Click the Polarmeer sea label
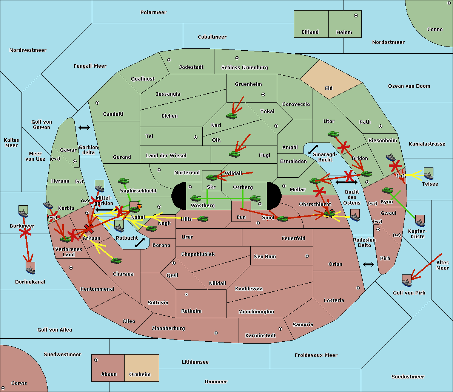click(153, 12)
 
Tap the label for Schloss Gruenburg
click(245, 67)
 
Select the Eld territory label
click(329, 88)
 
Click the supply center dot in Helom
click(356, 15)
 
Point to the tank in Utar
click(333, 134)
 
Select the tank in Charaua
click(116, 260)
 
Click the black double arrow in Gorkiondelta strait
click(84, 127)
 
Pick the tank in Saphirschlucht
click(123, 181)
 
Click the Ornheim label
click(140, 374)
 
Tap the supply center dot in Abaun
click(96, 360)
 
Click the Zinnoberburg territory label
click(168, 328)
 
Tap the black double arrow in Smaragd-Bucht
click(313, 149)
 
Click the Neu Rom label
click(265, 256)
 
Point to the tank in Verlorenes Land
click(66, 239)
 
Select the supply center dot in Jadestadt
click(169, 60)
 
